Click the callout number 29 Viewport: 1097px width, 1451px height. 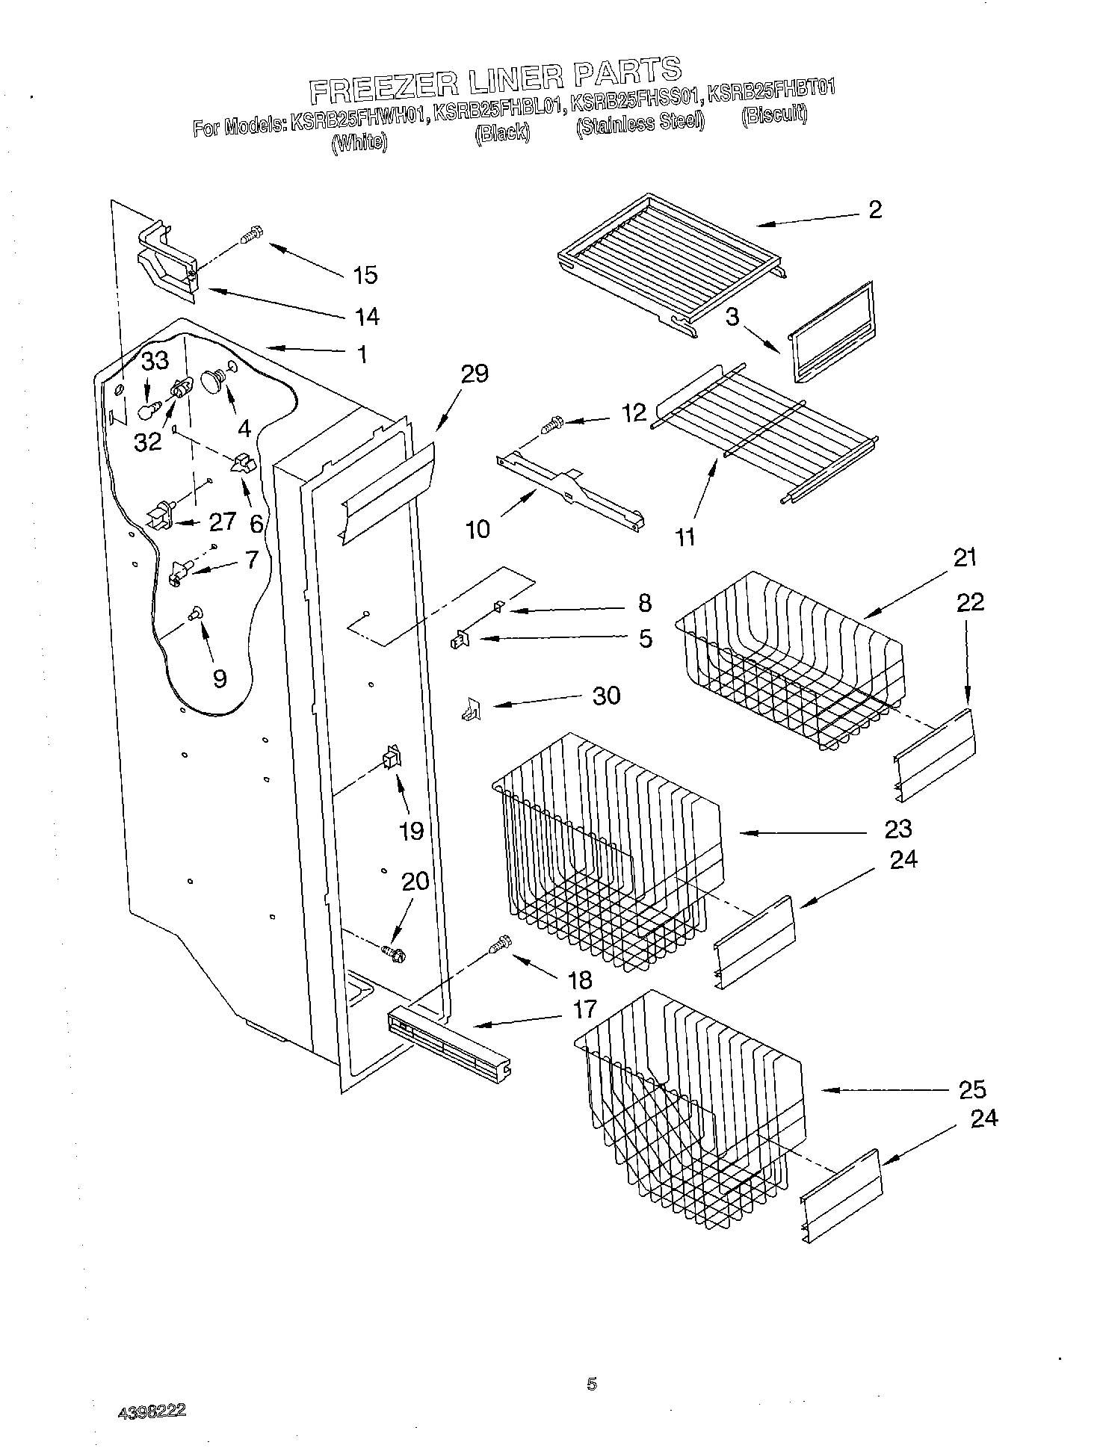pos(474,374)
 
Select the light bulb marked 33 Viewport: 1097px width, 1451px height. pos(149,410)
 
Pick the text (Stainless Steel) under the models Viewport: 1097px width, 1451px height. pos(640,122)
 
